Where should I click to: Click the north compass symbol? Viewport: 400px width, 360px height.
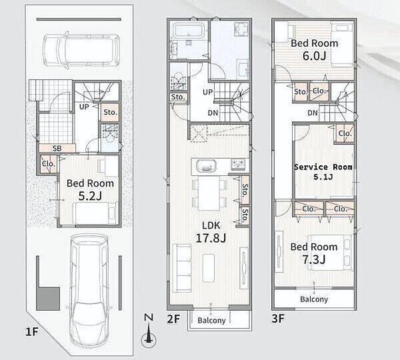149,332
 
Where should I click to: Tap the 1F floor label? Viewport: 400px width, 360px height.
31,332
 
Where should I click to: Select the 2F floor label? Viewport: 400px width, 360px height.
173,319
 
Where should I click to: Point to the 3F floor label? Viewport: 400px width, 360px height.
278,319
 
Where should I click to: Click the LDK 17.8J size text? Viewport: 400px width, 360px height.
211,238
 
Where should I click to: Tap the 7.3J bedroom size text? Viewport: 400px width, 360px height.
314,260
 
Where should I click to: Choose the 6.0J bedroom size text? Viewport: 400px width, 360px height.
314,56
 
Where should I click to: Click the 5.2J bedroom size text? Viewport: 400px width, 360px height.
90,196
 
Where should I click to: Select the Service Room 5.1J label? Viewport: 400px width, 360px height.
323,172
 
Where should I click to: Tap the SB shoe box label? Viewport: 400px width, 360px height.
57,148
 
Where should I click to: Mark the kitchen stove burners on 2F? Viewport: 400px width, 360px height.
238,165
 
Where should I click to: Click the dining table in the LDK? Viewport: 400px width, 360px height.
209,193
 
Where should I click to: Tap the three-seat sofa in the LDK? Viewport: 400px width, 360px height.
182,267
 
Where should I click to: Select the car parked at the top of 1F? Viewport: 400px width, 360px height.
81,50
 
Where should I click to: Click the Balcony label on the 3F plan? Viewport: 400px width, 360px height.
314,299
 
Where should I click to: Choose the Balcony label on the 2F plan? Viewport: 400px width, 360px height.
211,320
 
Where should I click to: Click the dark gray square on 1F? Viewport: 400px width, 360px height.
48,299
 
